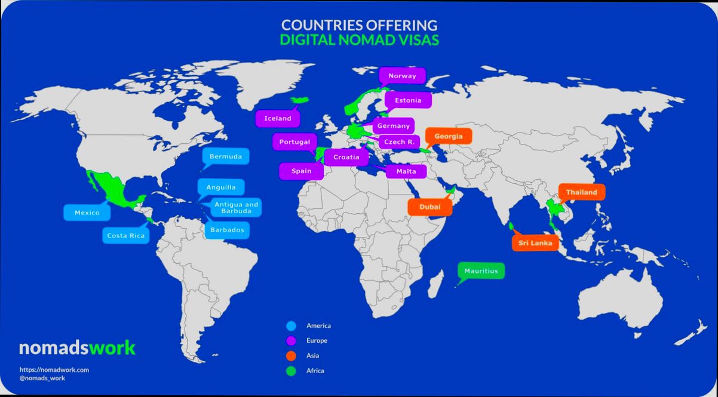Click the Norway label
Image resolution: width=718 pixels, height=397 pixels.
(x=402, y=76)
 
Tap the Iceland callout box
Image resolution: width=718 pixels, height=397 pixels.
(x=278, y=118)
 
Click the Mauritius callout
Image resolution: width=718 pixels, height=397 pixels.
(x=481, y=271)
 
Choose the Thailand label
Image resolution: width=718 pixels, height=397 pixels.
(x=581, y=192)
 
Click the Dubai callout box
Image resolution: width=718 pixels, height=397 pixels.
(x=429, y=207)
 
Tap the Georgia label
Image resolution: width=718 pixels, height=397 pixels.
(x=448, y=136)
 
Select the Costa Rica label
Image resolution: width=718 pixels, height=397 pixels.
(x=125, y=235)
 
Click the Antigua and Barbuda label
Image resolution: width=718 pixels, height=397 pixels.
(x=236, y=208)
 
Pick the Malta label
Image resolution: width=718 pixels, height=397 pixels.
(x=406, y=172)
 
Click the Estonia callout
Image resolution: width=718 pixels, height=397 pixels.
(x=408, y=100)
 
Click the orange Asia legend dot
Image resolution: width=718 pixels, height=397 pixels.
(x=291, y=356)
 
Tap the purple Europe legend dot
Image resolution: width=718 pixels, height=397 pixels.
(x=291, y=341)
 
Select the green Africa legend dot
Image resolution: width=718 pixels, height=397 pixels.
(x=291, y=371)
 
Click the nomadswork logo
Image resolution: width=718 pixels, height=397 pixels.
(x=77, y=347)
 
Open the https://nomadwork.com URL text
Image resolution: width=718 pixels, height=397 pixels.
(x=54, y=370)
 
